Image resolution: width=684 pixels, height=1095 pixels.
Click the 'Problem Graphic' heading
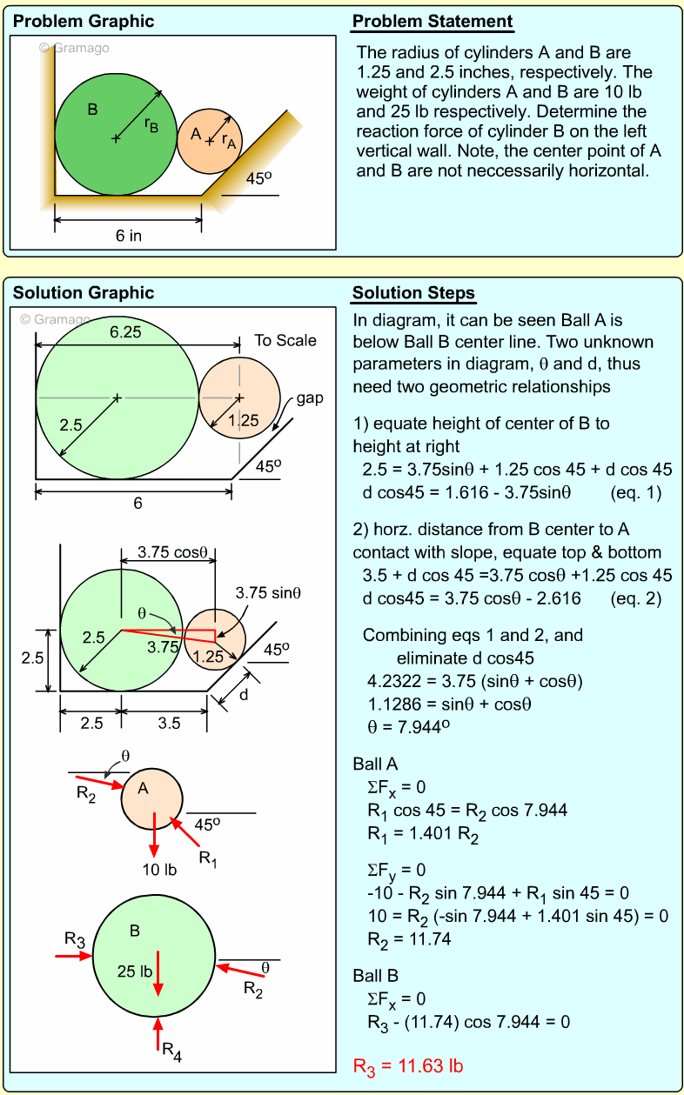84,22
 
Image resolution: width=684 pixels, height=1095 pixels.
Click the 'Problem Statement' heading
433,22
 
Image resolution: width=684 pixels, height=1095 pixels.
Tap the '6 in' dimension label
129,235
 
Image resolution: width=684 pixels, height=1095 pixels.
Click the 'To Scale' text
285,340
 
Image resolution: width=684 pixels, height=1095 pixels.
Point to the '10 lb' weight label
158,869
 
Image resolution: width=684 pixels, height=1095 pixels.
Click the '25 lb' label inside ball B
134,971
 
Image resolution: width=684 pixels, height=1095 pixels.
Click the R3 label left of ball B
75,939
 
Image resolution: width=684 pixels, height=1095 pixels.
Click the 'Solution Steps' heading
413,292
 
